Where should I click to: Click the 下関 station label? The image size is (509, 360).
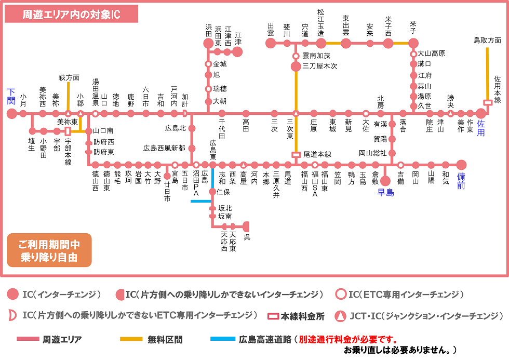(x=11, y=96)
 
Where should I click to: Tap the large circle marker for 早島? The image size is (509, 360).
(x=385, y=181)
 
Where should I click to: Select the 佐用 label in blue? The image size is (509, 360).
(x=481, y=128)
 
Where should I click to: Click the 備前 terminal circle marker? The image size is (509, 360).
(x=461, y=165)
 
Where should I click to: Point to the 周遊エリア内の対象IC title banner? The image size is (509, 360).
(x=71, y=15)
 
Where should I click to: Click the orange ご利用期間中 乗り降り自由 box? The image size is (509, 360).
(x=49, y=250)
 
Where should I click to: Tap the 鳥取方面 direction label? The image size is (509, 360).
(x=487, y=39)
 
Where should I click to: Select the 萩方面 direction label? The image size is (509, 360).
(x=69, y=77)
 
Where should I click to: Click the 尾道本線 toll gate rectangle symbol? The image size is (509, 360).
(x=296, y=154)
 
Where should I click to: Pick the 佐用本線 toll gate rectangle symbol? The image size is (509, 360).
(x=488, y=102)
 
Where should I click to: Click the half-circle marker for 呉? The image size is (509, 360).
(x=246, y=226)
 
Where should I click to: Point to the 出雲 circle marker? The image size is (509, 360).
(x=271, y=43)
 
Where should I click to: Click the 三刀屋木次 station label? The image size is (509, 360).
(x=319, y=66)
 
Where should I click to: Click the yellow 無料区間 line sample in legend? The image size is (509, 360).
(x=131, y=339)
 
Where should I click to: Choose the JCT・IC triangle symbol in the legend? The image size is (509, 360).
(x=341, y=315)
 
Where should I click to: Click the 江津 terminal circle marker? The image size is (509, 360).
(x=237, y=51)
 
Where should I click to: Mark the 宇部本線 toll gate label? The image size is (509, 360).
(x=68, y=151)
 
